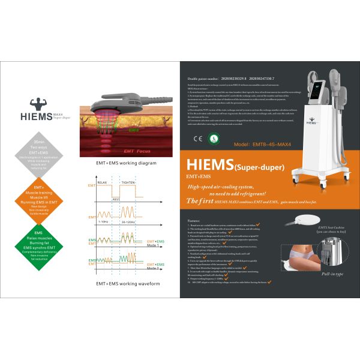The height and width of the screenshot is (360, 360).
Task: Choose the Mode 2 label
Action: click(155, 268)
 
